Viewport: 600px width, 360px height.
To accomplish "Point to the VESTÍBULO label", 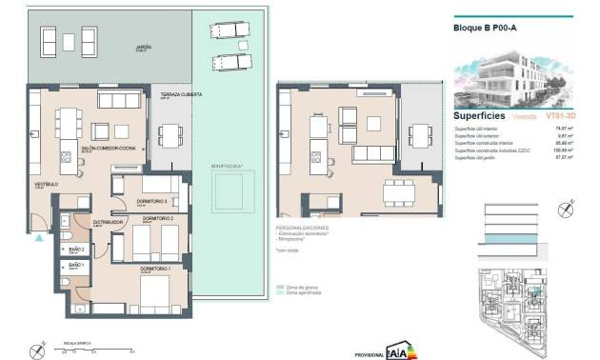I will pyautogui.click(x=48, y=183).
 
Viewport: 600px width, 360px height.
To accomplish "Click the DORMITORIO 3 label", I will pyautogui.click(x=153, y=201).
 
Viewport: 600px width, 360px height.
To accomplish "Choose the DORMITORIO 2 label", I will pyautogui.click(x=156, y=219).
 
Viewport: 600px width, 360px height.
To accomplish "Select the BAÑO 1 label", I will pyautogui.click(x=76, y=266).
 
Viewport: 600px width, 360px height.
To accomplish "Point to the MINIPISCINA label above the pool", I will pyautogui.click(x=228, y=166).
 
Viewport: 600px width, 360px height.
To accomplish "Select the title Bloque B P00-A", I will pyautogui.click(x=485, y=28).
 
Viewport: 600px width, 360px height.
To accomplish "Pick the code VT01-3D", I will pyautogui.click(x=561, y=115).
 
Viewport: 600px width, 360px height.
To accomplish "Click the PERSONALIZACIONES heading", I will pyautogui.click(x=302, y=229).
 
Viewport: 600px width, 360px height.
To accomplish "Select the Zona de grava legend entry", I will pyautogui.click(x=300, y=286).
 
